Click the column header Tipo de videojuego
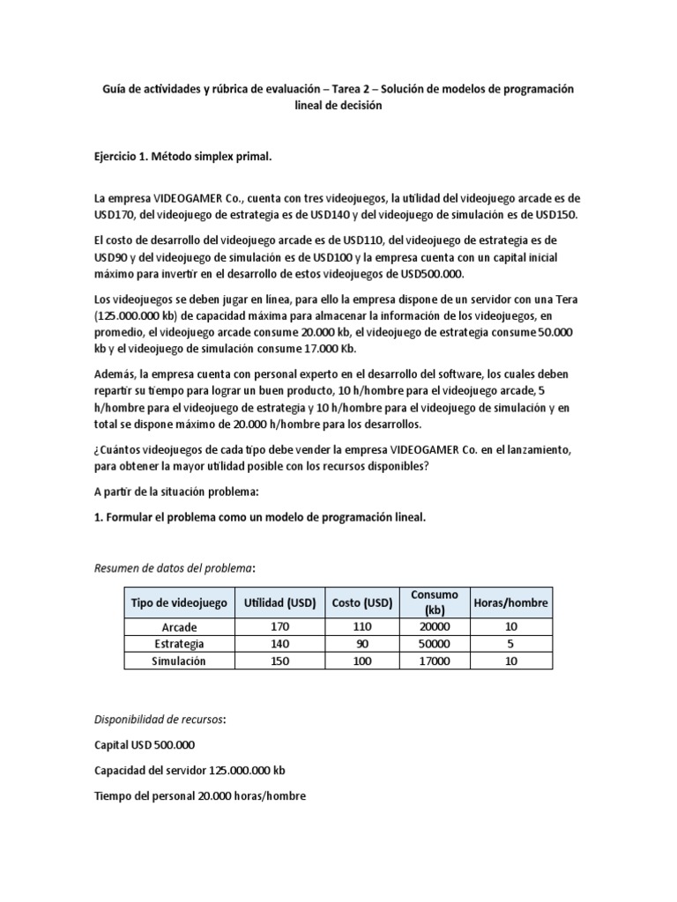click(x=179, y=603)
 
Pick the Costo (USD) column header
click(x=361, y=603)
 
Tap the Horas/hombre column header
click(x=511, y=603)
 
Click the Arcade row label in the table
click(x=179, y=627)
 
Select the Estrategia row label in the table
click(x=179, y=644)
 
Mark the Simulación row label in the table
click(x=179, y=662)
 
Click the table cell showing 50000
click(x=435, y=644)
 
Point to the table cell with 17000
click(x=435, y=662)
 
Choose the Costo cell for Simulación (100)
click(x=361, y=662)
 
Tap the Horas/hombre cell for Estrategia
click(x=511, y=644)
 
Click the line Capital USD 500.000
click(x=145, y=744)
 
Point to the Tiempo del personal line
click(x=199, y=795)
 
